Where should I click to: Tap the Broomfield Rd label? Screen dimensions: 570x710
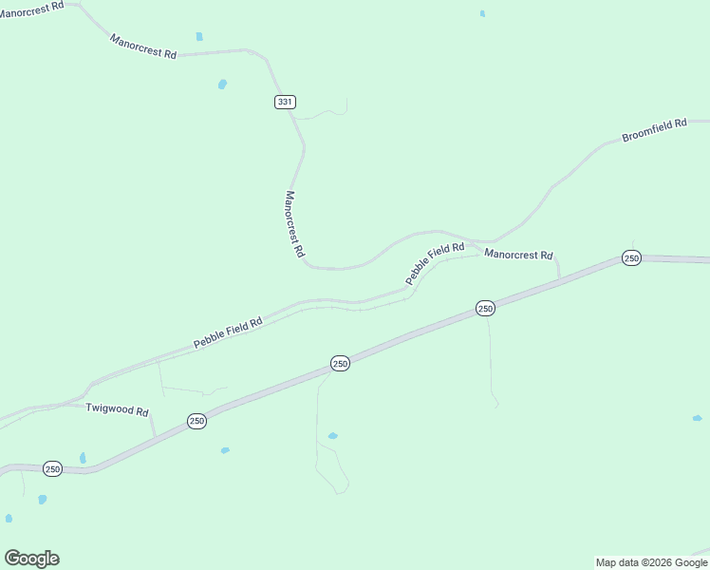click(653, 131)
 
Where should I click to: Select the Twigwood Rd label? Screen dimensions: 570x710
click(117, 409)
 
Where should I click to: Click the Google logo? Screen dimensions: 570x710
click(31, 559)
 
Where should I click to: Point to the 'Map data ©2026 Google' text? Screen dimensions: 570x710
click(652, 562)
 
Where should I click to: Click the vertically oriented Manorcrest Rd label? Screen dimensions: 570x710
click(294, 225)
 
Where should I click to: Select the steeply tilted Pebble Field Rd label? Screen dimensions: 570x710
click(435, 264)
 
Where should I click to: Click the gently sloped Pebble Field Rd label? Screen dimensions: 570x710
click(228, 332)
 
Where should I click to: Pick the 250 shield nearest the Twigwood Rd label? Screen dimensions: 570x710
click(196, 421)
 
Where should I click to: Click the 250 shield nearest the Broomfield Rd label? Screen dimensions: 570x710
click(631, 257)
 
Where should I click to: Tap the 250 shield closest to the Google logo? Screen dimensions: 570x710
click(52, 468)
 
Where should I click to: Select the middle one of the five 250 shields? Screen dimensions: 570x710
click(341, 363)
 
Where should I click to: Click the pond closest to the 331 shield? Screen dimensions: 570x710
click(222, 84)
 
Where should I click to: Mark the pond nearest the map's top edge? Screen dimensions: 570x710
click(482, 13)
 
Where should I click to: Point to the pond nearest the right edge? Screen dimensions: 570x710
click(697, 418)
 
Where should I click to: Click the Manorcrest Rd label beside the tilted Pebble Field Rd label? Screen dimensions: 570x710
click(518, 255)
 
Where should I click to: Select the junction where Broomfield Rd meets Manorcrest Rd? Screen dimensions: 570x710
click(493, 241)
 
